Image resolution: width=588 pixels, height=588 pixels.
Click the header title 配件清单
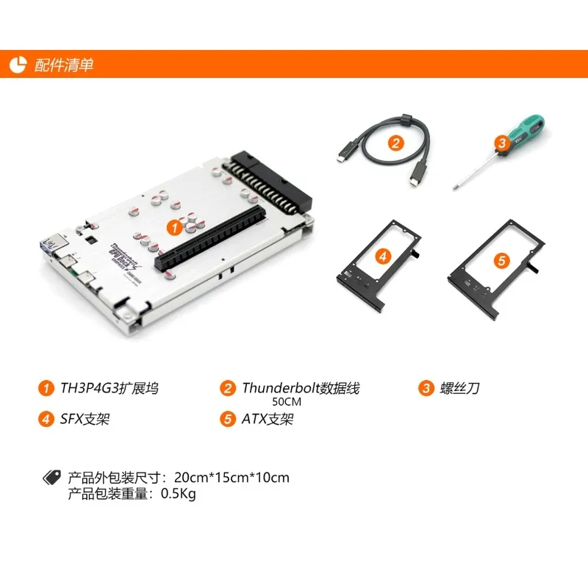[x=64, y=65]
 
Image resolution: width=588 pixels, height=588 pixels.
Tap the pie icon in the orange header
[x=18, y=65]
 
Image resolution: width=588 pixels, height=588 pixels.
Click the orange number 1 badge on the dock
[x=173, y=228]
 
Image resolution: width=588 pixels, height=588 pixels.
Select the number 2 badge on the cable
[x=395, y=143]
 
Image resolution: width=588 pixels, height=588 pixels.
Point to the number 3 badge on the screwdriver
[x=502, y=143]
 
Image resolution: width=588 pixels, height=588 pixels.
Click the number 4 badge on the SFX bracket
[x=382, y=257]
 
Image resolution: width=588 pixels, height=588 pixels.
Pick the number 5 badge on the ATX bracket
[x=501, y=260]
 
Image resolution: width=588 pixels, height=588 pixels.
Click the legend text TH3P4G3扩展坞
[x=109, y=388]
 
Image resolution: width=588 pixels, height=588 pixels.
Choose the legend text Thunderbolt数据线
[x=301, y=388]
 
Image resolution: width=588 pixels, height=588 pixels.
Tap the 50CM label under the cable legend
[x=287, y=402]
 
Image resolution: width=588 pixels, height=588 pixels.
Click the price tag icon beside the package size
[x=51, y=478]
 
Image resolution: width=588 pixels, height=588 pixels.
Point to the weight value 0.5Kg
[x=178, y=494]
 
